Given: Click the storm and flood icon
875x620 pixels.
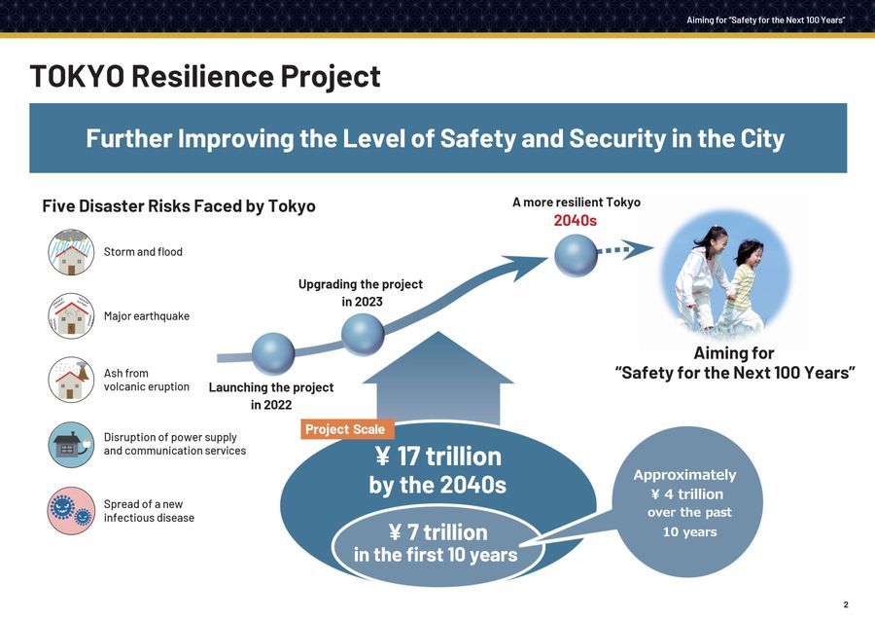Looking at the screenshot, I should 72,252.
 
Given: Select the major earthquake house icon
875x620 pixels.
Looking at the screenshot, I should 72,315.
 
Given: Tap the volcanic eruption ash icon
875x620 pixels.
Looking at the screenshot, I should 72,380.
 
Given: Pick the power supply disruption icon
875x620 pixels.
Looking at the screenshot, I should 72,444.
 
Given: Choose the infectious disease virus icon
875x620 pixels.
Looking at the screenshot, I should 72,509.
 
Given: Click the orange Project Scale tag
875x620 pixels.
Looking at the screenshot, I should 345,429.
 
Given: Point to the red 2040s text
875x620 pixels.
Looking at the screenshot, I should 575,221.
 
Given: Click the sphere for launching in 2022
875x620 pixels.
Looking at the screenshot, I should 273,353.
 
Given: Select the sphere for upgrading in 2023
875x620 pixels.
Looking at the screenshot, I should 364,334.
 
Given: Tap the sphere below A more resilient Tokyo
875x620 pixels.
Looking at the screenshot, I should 576,257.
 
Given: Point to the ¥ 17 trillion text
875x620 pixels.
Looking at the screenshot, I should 437,456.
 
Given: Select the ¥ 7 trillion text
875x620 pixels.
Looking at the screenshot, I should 437,532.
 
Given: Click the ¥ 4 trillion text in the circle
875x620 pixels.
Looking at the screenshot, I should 686,493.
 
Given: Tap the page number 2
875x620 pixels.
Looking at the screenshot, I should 846,604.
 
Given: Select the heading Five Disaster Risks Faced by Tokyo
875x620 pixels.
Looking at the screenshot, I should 178,206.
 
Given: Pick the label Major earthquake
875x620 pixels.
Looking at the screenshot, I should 146,316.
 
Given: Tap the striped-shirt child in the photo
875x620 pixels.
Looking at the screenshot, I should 744,282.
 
